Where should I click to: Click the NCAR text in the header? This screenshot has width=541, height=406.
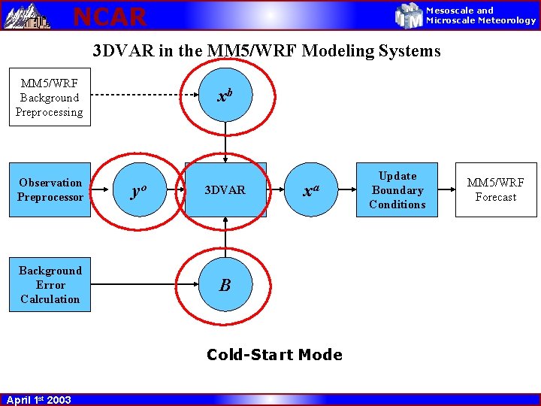pos(110,16)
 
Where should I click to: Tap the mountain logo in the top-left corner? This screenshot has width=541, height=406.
pos(27,15)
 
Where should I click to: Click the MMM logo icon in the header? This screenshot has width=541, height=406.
pos(410,15)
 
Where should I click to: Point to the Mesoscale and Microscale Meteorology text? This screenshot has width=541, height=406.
pos(481,16)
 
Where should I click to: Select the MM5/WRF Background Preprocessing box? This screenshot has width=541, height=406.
pos(50,98)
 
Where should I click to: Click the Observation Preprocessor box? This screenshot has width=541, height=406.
pos(50,189)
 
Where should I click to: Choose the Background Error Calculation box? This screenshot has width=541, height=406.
pos(50,285)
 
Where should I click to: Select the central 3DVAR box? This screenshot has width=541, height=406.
pos(225,190)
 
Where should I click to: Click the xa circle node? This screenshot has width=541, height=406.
pos(309,190)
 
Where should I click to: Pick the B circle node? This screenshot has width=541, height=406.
pos(225,285)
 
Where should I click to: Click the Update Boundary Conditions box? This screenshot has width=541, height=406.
pos(397,190)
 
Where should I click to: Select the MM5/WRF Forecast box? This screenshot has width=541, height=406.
pos(496,189)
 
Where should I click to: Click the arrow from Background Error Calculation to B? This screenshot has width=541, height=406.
pos(143,285)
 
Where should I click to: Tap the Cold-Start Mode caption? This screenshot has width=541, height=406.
pos(274,355)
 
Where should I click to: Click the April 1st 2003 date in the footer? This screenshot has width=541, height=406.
pos(38,399)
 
